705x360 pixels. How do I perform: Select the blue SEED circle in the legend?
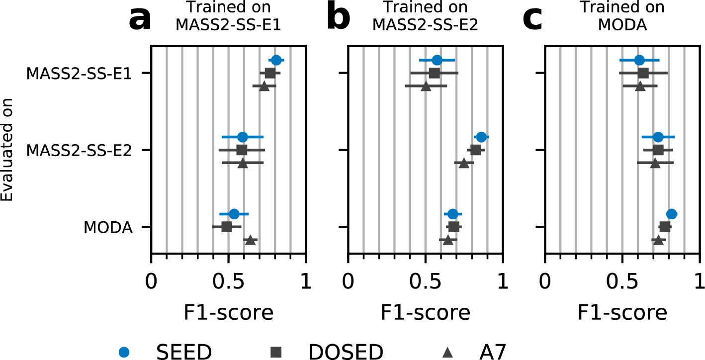tap(125, 352)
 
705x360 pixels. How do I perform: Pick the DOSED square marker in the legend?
tap(276, 352)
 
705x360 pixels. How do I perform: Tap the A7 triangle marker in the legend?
tap(447, 352)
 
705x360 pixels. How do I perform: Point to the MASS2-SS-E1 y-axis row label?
tap(79, 74)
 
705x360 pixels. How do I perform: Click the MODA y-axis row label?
tap(108, 228)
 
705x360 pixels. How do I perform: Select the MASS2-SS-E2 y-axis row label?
tap(79, 151)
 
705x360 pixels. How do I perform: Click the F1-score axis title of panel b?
tap(426, 313)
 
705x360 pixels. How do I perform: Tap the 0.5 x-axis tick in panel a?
tap(228, 283)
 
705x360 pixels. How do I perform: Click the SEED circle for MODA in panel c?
tap(671, 214)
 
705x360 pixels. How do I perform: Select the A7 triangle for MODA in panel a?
tap(250, 240)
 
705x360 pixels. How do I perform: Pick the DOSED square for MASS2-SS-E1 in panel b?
tap(435, 73)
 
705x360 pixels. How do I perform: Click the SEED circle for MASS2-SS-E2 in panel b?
tap(481, 137)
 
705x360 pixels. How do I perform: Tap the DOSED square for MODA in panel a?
tap(227, 227)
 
